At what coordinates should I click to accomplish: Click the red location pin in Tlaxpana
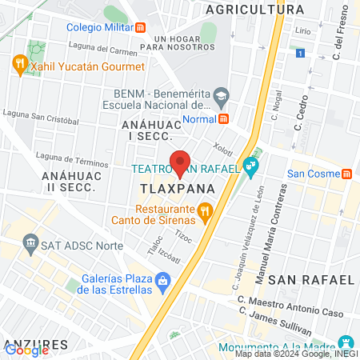[x=180, y=162]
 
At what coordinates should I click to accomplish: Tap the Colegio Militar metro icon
[x=141, y=26]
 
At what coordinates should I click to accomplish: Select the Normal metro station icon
[x=224, y=119]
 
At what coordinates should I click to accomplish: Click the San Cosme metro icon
[x=347, y=174]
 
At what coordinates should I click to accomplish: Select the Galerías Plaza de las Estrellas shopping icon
[x=162, y=279]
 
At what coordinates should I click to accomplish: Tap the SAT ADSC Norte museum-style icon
[x=31, y=242]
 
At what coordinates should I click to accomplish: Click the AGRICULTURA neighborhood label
[x=254, y=9]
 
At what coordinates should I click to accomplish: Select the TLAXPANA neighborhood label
[x=173, y=189]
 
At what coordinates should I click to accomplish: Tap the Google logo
[x=26, y=350]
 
